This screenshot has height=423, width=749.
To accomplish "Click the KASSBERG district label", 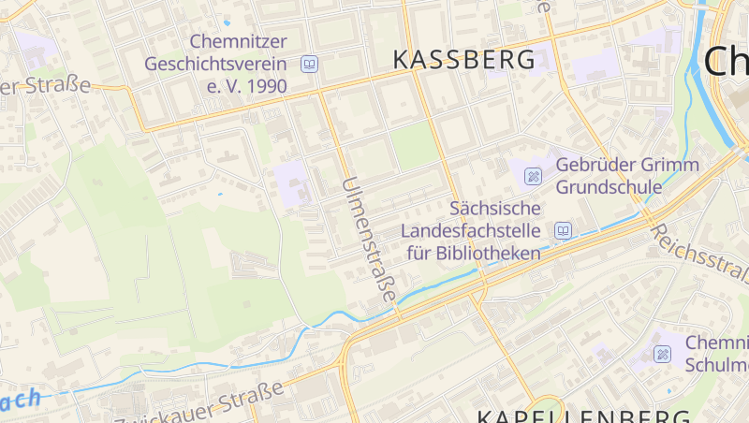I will coord(465,59).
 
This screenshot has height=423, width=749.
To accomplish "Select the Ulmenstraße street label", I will coord(369,239).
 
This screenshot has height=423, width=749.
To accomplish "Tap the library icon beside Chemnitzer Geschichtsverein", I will coord(309,65).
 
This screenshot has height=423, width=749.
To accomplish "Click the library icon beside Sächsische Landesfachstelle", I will coord(563,230).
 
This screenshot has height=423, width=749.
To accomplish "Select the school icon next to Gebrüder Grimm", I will coord(534,175).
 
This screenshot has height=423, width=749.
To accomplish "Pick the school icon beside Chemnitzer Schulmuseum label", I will coord(662,354).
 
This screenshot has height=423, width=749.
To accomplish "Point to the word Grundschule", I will coord(609,187).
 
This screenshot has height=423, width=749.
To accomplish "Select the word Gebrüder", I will coord(594,165).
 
